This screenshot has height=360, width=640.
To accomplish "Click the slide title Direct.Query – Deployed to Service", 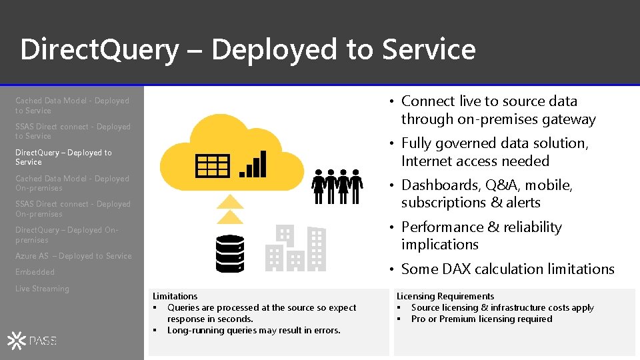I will [247, 49].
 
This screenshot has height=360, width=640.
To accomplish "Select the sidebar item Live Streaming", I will [42, 289].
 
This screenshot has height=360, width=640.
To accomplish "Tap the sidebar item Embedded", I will [35, 272].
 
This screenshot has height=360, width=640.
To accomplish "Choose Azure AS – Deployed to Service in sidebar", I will [73, 256].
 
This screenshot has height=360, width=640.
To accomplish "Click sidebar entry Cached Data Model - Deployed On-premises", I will [72, 183].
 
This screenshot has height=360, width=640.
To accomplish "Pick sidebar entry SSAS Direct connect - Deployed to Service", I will [73, 131].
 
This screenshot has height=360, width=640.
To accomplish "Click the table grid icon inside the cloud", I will [213, 165].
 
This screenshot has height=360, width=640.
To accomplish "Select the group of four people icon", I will [337, 186].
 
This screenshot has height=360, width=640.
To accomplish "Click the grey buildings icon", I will [295, 249].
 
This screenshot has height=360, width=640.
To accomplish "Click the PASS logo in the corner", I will [33, 341].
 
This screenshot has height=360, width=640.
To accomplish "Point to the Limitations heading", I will [175, 296].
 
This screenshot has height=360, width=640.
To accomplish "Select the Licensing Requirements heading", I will [445, 296].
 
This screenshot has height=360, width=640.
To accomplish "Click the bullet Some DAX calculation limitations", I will [507, 269].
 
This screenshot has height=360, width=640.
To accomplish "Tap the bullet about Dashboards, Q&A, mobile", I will [487, 193].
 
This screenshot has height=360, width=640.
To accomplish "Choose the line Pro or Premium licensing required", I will [481, 319].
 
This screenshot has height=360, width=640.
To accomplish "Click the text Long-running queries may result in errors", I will [253, 330].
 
